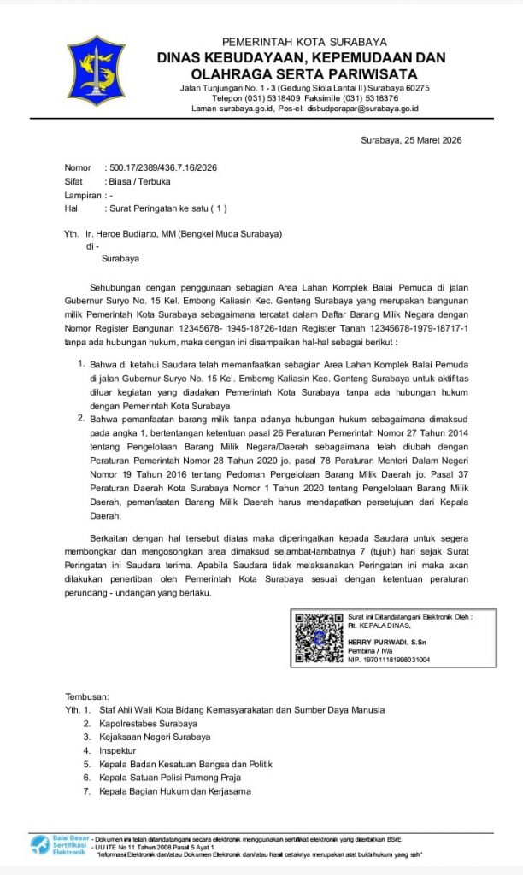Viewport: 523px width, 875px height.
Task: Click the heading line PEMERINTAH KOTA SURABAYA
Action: click(x=303, y=42)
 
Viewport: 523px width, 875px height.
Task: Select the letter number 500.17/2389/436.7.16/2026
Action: click(x=162, y=168)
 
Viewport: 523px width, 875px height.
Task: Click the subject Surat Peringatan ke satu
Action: click(x=167, y=208)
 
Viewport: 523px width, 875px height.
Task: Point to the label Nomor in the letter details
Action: click(x=78, y=168)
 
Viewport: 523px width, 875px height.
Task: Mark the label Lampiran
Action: click(x=82, y=195)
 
